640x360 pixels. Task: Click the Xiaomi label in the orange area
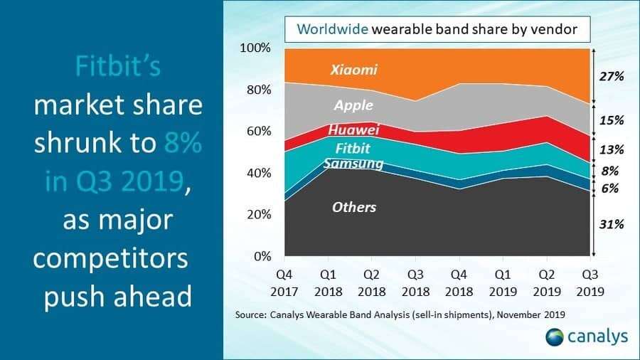(353, 70)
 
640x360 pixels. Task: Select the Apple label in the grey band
(353, 105)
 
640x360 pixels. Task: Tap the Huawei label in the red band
(353, 130)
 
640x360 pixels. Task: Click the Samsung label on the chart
(353, 164)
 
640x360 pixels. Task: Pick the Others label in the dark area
(353, 207)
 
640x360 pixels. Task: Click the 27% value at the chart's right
(609, 76)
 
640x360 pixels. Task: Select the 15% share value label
(609, 120)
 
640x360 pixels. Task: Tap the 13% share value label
(609, 149)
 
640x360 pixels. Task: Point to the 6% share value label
(609, 189)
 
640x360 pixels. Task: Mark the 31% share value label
(609, 224)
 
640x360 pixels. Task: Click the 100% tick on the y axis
(255, 48)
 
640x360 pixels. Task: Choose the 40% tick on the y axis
(257, 173)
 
